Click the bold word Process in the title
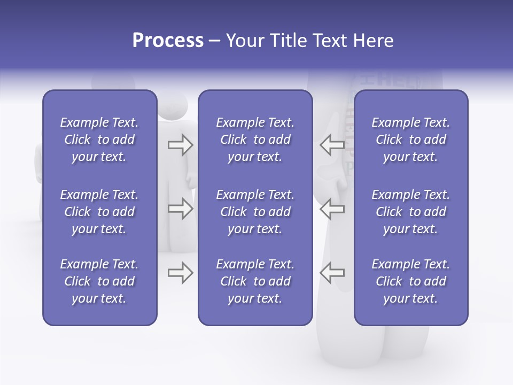coord(168,41)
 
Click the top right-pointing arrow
coord(180,145)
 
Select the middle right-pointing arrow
coord(180,209)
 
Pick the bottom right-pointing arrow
coord(180,273)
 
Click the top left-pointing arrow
coord(332,145)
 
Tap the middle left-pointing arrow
coord(332,209)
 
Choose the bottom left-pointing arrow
coord(332,273)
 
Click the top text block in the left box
coord(99,140)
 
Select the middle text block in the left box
coord(99,212)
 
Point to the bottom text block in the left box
coord(99,281)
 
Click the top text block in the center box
coord(255,140)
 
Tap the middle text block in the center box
coord(255,212)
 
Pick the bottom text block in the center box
coord(255,281)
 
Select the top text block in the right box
coord(410,140)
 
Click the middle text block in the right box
coord(410,212)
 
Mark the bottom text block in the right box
coord(410,281)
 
